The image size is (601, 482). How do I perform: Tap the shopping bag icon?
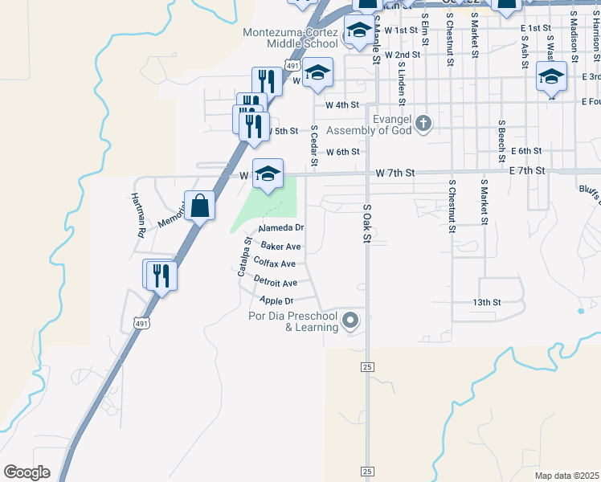(x=199, y=206)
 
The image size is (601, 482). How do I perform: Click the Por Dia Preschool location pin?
(x=350, y=321)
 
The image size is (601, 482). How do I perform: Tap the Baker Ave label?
(x=281, y=247)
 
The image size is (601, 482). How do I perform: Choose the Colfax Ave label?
(x=274, y=263)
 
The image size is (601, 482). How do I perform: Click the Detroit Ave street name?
(x=276, y=282)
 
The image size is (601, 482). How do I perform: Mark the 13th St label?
(x=487, y=302)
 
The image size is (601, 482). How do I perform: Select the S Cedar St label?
(x=314, y=146)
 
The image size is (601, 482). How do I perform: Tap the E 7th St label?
(x=528, y=171)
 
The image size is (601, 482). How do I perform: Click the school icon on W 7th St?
(x=268, y=173)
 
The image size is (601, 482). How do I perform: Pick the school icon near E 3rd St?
(x=551, y=78)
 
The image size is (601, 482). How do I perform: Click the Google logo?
(x=27, y=472)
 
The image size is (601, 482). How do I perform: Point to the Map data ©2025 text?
(x=566, y=476)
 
